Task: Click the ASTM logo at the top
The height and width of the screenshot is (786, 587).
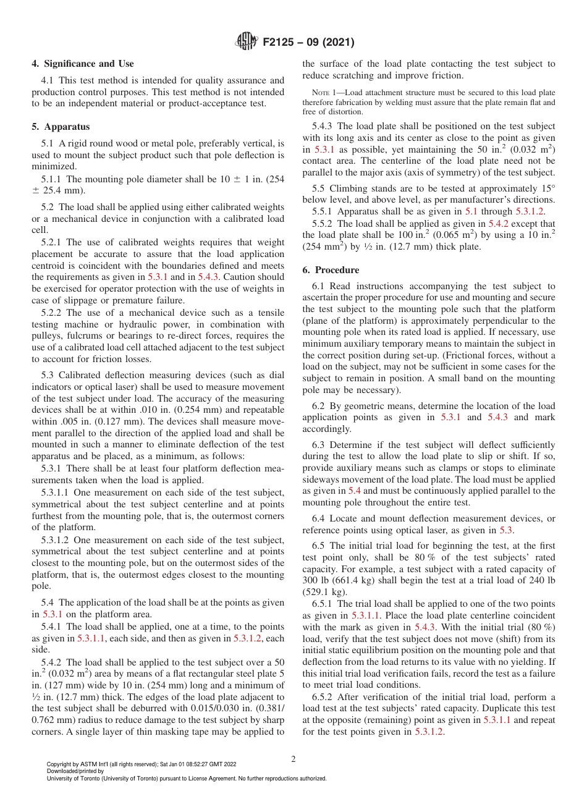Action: (x=247, y=42)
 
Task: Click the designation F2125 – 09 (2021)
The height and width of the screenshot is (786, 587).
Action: (x=308, y=43)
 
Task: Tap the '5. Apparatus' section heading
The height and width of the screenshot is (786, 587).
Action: (x=61, y=127)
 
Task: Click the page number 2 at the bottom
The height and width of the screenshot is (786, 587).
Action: (x=293, y=759)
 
